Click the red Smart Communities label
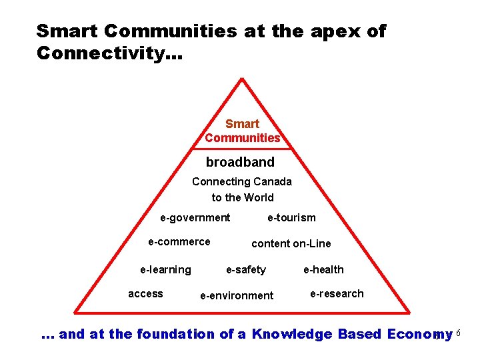coord(242,131)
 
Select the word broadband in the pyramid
coord(240,162)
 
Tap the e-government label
coord(195,217)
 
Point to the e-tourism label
coord(291,217)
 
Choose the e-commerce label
coord(179,241)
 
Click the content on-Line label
coord(291,243)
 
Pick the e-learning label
coord(165,269)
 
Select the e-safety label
coord(245,269)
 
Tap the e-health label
coord(323,269)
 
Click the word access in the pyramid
coord(145,293)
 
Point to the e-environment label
coord(237,295)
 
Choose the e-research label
coord(337,293)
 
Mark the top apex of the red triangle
coord(242,79)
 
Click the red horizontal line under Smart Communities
coord(242,149)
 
